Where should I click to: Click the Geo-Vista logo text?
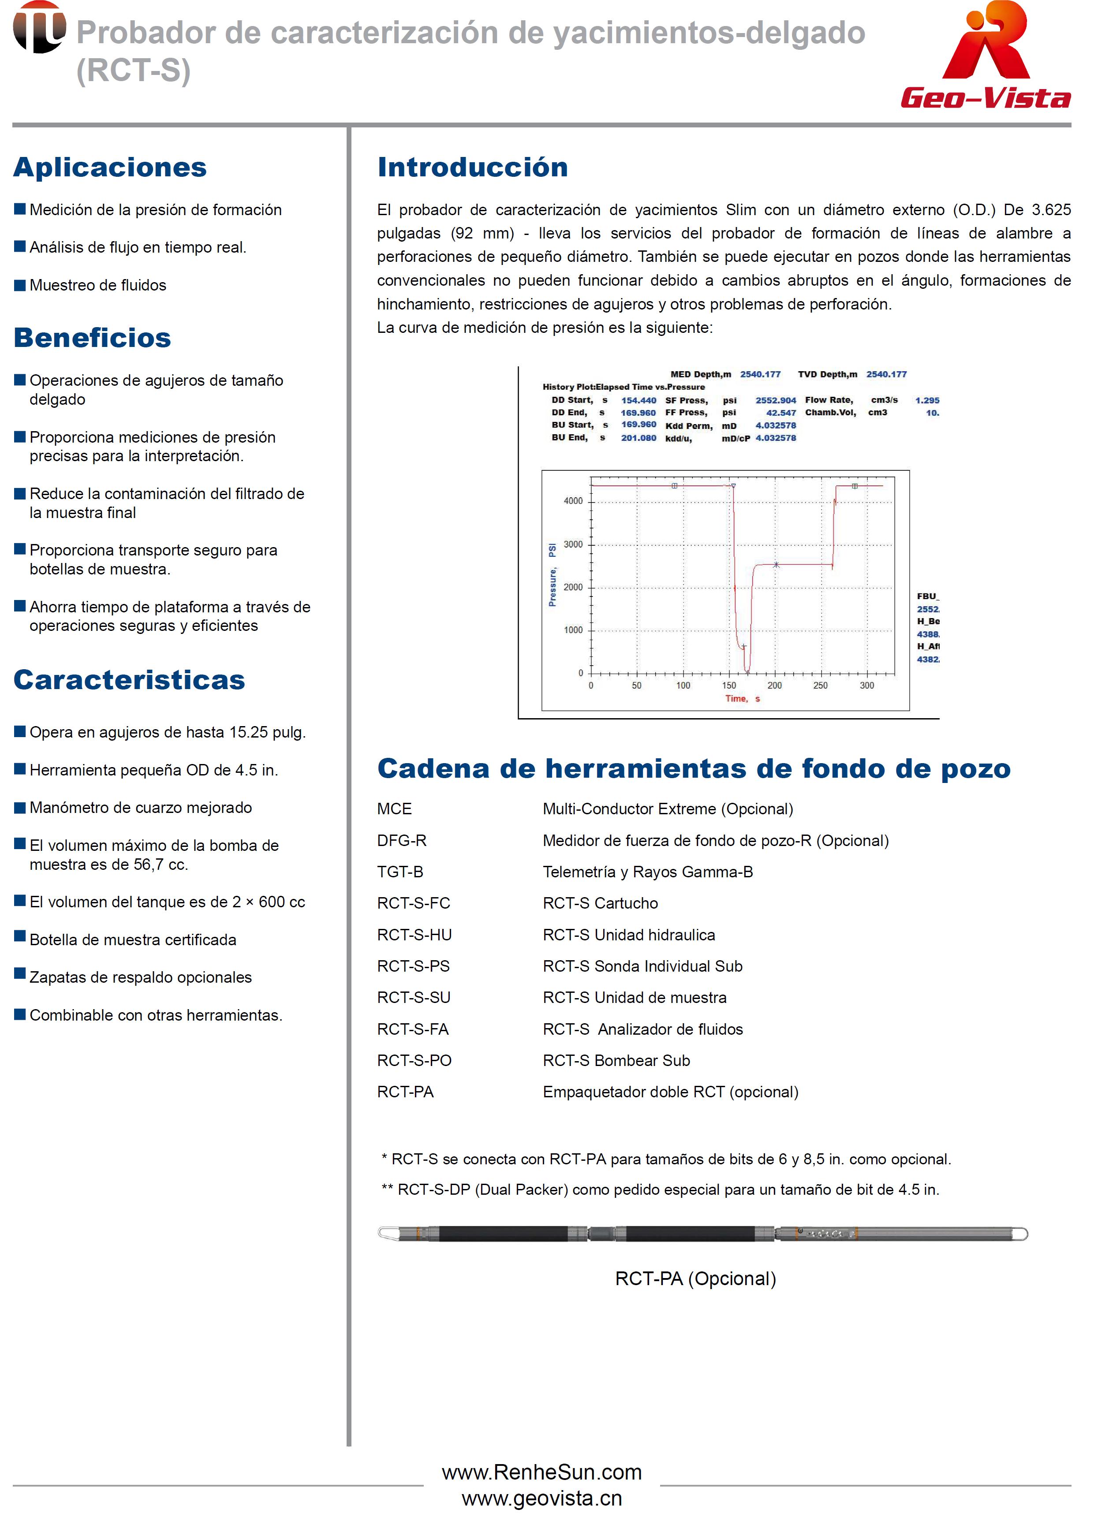click(x=986, y=98)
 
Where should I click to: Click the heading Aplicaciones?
click(x=110, y=167)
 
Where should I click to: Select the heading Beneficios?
click(x=93, y=338)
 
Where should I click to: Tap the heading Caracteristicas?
click(x=130, y=680)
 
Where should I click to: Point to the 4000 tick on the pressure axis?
click(x=573, y=501)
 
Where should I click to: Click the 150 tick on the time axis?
click(x=729, y=686)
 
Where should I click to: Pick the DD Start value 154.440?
click(x=639, y=400)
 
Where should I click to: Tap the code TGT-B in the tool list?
click(x=400, y=872)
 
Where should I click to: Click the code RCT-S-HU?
click(x=414, y=935)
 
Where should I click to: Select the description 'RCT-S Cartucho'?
click(x=600, y=903)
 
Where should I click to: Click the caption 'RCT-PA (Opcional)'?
click(x=695, y=1278)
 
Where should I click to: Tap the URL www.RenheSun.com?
click(x=542, y=1472)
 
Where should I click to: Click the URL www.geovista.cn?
click(x=542, y=1498)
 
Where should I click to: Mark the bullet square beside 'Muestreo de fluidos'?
click(x=20, y=285)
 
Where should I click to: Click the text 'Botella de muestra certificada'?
click(x=133, y=940)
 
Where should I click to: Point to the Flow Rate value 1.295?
click(x=927, y=400)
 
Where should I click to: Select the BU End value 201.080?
click(x=639, y=438)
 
